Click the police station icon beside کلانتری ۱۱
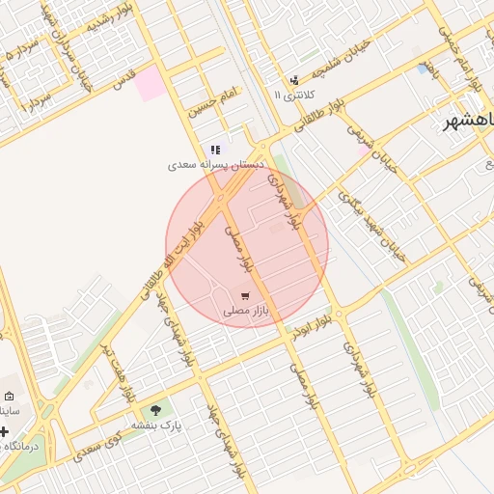tap(294, 80)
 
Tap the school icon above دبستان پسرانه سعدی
tap(215, 150)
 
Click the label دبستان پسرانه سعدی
tap(215, 165)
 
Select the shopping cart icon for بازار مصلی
tap(246, 295)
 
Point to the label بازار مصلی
tap(245, 311)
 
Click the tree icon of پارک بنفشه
tap(156, 410)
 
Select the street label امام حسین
tap(211, 102)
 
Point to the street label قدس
tap(122, 85)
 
